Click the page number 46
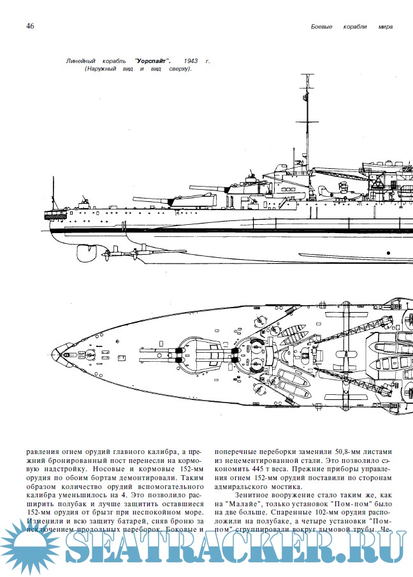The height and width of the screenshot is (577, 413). [x=30, y=26]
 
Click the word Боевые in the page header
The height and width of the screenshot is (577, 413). [x=324, y=27]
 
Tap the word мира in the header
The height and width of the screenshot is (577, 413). [x=383, y=27]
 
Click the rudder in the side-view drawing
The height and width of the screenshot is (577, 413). [x=86, y=252]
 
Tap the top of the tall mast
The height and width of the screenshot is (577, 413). [x=303, y=76]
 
